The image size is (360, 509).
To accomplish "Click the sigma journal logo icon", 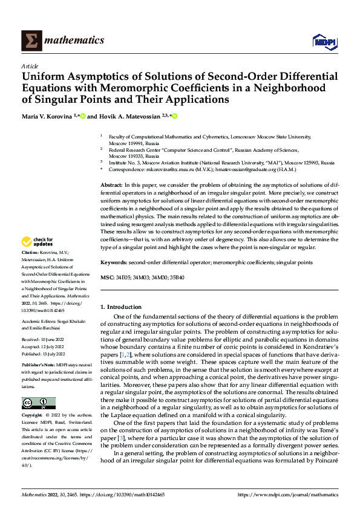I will tap(30, 41).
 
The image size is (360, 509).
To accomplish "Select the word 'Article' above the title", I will tap(29, 66).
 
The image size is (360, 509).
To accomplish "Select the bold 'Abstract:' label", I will tap(113, 183).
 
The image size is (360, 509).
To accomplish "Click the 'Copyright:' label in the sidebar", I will tap(32, 416).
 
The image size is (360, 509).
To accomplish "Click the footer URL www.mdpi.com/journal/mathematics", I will tap(290, 494).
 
